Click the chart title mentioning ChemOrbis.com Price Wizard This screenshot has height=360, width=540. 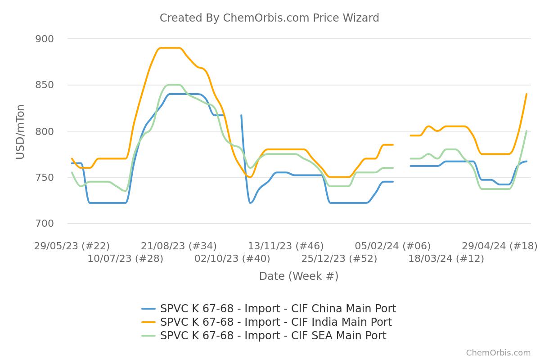coord(269,18)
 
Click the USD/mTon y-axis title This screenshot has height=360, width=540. coord(20,131)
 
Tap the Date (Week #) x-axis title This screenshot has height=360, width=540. coord(299,276)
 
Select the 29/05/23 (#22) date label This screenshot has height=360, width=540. coord(72,246)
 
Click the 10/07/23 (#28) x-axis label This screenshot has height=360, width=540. coord(125,259)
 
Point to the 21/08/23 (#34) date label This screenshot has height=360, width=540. coord(179,246)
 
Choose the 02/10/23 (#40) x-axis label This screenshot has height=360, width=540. coord(232,259)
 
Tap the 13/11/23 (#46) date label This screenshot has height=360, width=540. coord(286,246)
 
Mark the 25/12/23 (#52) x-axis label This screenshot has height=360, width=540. coord(339,259)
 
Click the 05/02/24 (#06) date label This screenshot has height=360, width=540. coord(393,246)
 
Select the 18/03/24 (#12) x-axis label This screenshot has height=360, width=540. coord(446,259)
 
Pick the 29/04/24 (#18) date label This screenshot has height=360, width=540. coord(499,246)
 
